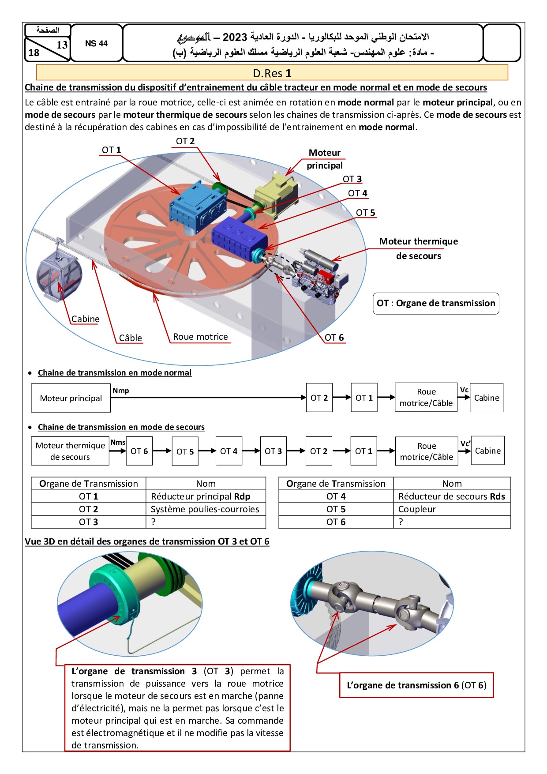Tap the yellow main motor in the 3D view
[276, 194]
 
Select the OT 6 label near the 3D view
[334, 338]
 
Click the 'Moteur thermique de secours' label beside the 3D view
[418, 248]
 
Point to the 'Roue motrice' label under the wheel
[200, 337]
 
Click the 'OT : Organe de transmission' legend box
[436, 304]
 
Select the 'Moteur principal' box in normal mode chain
[71, 398]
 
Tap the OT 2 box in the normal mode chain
[319, 398]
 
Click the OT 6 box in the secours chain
[139, 451]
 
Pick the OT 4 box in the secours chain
[229, 451]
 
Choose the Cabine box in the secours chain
[487, 451]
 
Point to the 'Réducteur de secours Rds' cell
[452, 496]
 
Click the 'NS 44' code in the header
[96, 43]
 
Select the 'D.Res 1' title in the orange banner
[272, 73]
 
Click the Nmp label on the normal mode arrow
[121, 391]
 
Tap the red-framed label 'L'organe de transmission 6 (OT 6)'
[416, 685]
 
